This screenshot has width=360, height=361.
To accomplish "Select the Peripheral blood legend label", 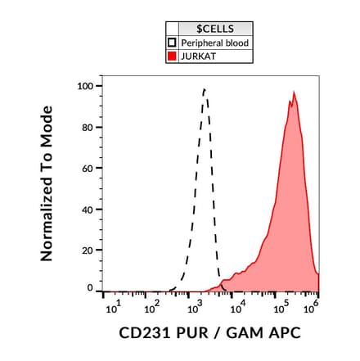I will coord(215,43).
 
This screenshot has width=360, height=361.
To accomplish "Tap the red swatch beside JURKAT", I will coord(172,56).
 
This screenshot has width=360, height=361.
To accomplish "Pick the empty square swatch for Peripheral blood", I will coord(172,43).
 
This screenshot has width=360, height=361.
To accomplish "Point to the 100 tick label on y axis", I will coord(84,86).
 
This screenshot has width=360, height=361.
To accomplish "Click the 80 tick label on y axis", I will coord(87,127).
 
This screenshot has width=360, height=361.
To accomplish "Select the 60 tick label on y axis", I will coord(87,168).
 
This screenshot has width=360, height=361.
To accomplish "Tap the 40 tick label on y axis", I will coord(87,209).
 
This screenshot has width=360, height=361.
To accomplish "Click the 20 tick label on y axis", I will coord(87,250).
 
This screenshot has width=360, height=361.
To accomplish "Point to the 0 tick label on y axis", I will coord(90,288).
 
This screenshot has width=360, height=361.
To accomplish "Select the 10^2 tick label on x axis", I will coord(152,308).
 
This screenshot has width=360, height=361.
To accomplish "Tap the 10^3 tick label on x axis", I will coord(195,308).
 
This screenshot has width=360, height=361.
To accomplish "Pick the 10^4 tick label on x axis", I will coord(237,308).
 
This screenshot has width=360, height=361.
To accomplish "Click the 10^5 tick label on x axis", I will coord(279,308).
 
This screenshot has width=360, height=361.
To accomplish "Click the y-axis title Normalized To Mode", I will coord(47,183).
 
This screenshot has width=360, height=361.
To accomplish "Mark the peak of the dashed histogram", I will coord(205,89).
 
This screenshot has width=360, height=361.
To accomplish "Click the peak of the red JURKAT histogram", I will coord(294,93).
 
